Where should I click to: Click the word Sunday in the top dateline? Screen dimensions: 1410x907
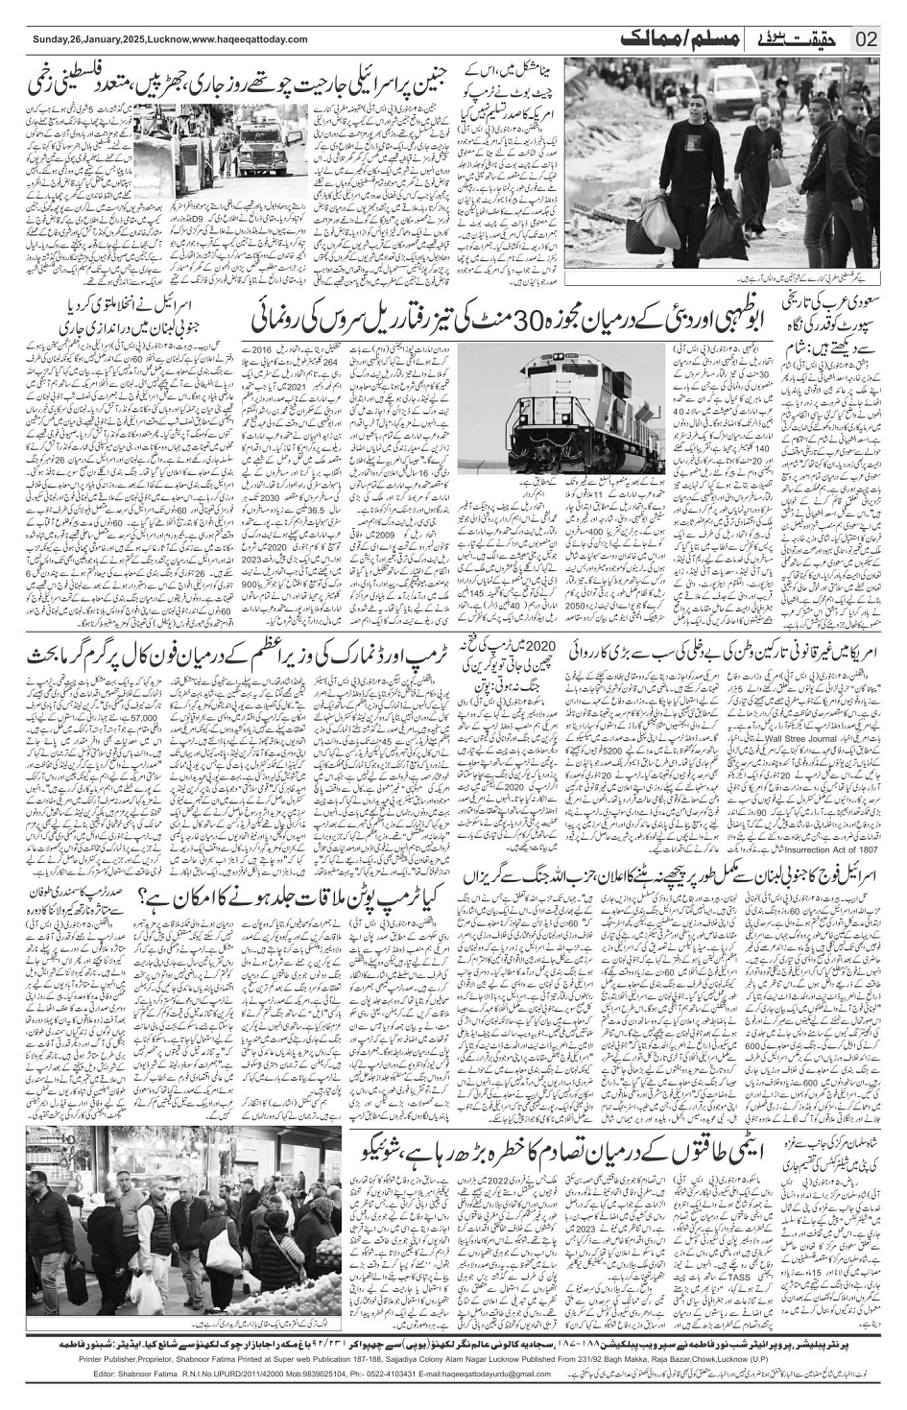pyautogui.click(x=48, y=39)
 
